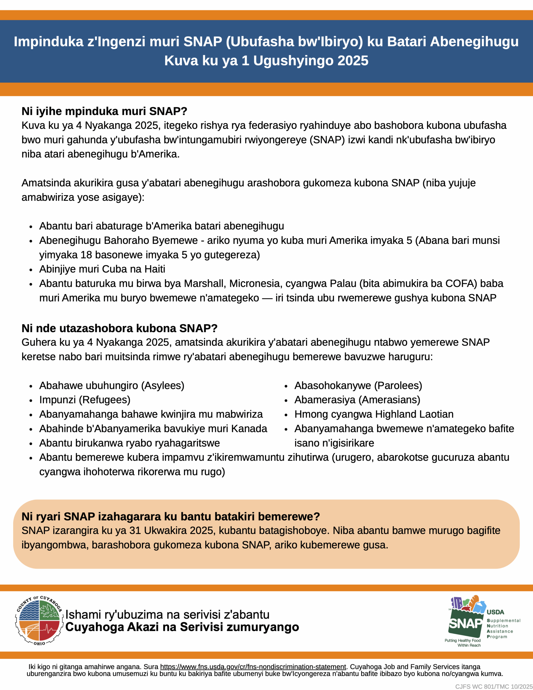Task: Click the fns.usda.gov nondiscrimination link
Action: (253, 667)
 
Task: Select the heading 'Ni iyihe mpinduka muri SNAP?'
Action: (104, 111)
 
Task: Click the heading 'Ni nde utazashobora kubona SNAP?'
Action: (119, 328)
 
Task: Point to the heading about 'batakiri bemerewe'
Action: (170, 516)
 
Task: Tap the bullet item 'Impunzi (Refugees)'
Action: (85, 400)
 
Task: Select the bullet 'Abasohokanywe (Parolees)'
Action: (358, 385)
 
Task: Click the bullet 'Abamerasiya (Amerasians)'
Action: (357, 400)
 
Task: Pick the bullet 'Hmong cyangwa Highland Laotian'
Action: (374, 414)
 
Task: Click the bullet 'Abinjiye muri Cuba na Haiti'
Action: (102, 269)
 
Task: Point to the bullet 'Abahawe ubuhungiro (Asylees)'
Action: (112, 385)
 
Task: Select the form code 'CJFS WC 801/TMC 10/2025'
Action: (494, 686)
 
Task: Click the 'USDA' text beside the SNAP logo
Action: (495, 612)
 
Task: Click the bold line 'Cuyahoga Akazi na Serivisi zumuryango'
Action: (182, 627)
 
